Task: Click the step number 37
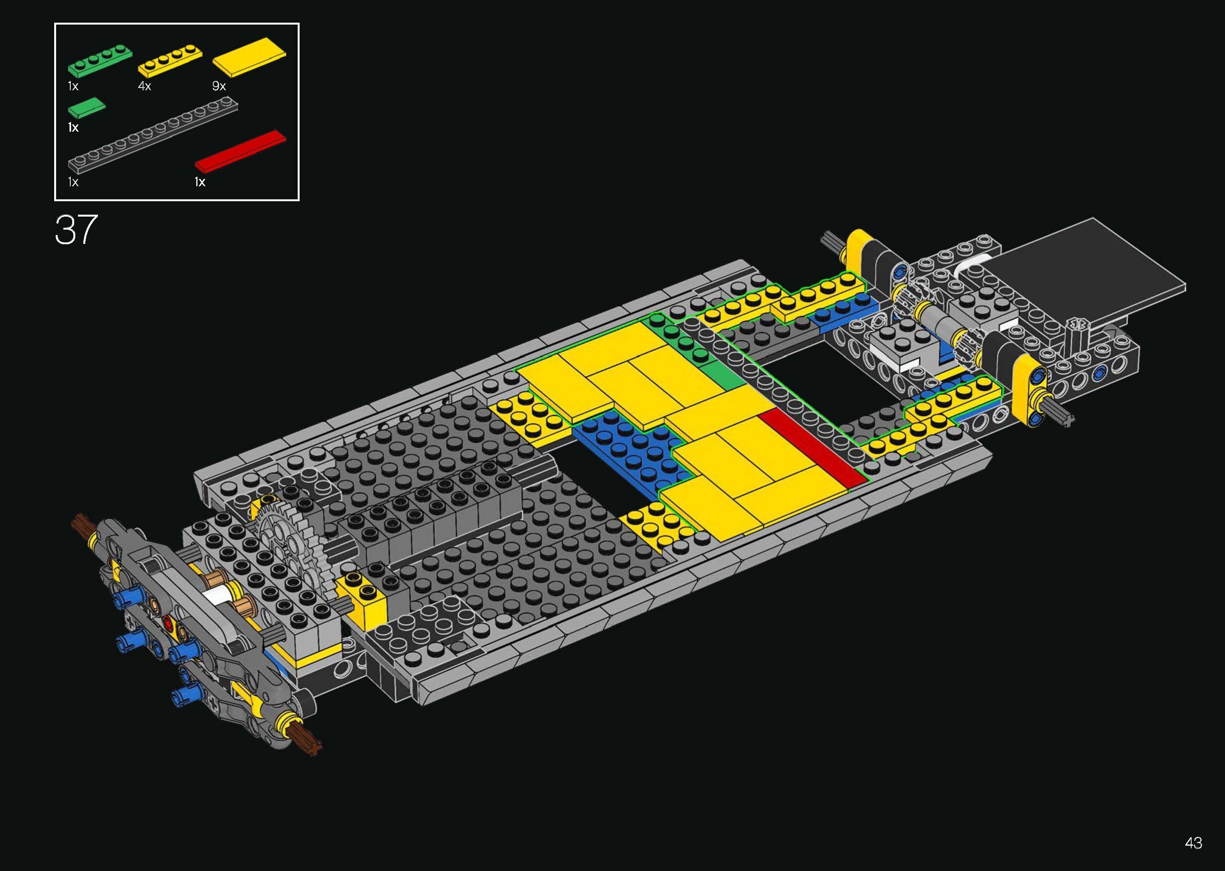[x=76, y=230]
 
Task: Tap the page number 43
[x=1194, y=843]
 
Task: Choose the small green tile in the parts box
[x=86, y=107]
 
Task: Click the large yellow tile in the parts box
[x=249, y=56]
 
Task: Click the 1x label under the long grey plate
[x=73, y=182]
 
